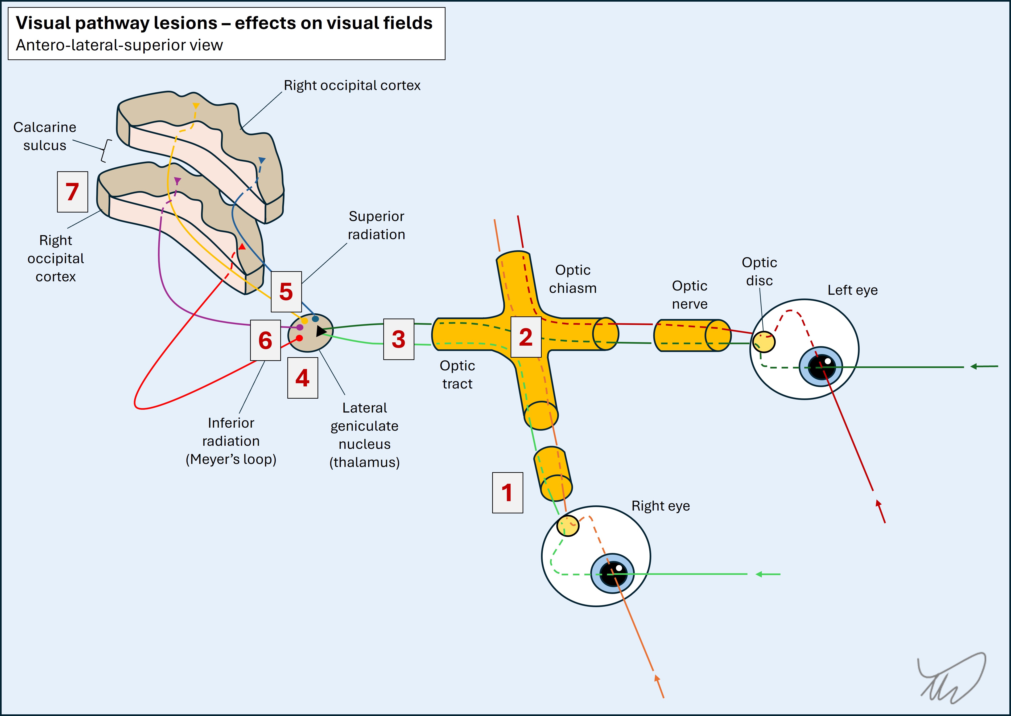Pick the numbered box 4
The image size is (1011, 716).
pyautogui.click(x=303, y=378)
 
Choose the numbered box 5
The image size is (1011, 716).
pyautogui.click(x=286, y=291)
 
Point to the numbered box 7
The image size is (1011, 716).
pyautogui.click(x=72, y=192)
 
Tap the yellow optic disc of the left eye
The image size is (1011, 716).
pyautogui.click(x=763, y=342)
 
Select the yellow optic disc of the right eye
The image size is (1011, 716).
pyautogui.click(x=568, y=526)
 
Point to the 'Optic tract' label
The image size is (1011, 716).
pyautogui.click(x=458, y=375)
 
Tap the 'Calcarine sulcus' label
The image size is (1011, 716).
pyautogui.click(x=45, y=136)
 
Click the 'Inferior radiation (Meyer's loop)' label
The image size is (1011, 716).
pyautogui.click(x=231, y=441)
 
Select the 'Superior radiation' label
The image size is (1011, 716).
pyautogui.click(x=376, y=225)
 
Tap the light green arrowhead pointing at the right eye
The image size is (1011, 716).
pyautogui.click(x=759, y=574)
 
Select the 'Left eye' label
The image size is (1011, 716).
pyautogui.click(x=852, y=290)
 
